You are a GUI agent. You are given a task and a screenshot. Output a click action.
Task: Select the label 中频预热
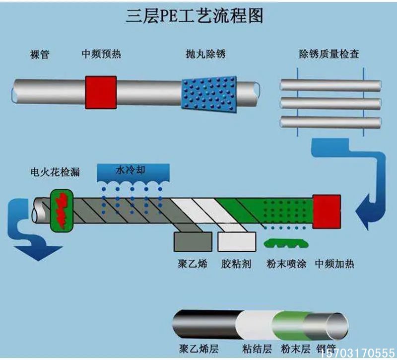point(101,54)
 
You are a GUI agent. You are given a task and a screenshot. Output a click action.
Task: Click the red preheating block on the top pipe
point(101,92)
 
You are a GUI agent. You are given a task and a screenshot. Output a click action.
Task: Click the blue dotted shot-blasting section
point(208,92)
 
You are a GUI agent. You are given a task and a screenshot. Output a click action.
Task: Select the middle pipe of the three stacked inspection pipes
point(330,103)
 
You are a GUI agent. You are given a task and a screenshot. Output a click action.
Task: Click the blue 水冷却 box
point(133,171)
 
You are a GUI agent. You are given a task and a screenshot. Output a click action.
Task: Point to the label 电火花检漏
point(55,172)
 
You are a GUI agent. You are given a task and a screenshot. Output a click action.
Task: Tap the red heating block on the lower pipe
point(327,212)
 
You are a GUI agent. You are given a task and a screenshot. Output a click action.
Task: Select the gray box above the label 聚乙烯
point(190,241)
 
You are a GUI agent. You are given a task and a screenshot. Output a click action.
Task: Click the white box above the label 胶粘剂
point(235,241)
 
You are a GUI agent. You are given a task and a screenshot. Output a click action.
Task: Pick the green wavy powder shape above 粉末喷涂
point(284,244)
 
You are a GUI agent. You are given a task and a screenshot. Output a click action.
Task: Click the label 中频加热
point(334,263)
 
